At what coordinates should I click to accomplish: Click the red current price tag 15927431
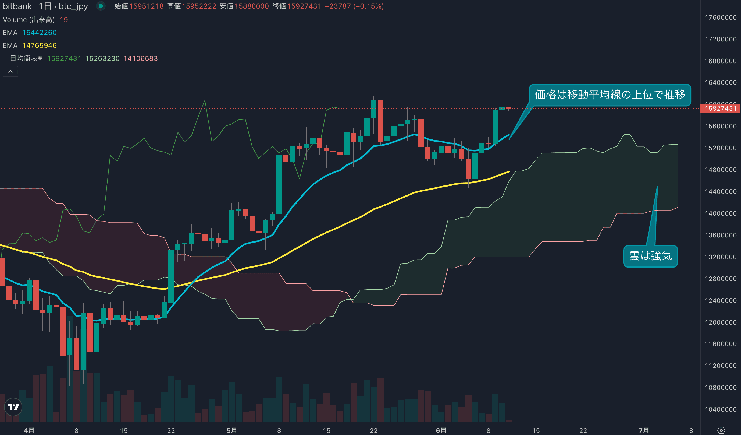(x=720, y=108)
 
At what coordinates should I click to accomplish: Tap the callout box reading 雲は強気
(x=650, y=256)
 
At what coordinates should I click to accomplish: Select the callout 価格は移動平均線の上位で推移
(x=610, y=95)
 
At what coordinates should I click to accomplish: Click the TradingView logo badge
(x=13, y=407)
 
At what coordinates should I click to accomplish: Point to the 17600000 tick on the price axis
(x=720, y=17)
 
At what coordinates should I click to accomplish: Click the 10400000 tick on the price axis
(x=720, y=409)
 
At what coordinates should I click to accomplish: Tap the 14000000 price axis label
(x=720, y=213)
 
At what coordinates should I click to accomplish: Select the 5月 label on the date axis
(x=231, y=430)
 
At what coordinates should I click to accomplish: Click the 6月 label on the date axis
(x=441, y=430)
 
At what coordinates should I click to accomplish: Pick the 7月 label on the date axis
(x=644, y=430)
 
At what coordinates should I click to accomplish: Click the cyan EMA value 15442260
(x=40, y=33)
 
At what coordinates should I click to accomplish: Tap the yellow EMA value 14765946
(x=40, y=45)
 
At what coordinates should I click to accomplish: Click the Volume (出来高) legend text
(x=28, y=20)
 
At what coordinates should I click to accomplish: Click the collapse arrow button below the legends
(x=10, y=72)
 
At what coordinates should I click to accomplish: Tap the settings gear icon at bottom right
(x=721, y=430)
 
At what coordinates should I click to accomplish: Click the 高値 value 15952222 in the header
(x=199, y=6)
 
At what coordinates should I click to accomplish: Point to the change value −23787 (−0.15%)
(x=354, y=6)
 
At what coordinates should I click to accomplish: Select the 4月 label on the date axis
(x=29, y=430)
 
